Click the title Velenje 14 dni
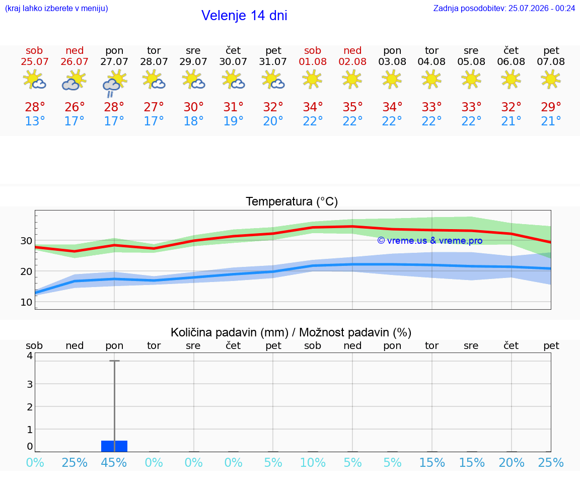pyautogui.click(x=244, y=16)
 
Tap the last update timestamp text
pyautogui.click(x=504, y=8)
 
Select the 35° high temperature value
pyautogui.click(x=352, y=107)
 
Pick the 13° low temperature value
pyautogui.click(x=35, y=121)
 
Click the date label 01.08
pyautogui.click(x=313, y=61)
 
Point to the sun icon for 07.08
pyautogui.click(x=551, y=79)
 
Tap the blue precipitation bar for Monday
pyautogui.click(x=114, y=446)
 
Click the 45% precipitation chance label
pyautogui.click(x=114, y=462)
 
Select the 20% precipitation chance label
pyautogui.click(x=512, y=462)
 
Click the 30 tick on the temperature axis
pyautogui.click(x=26, y=241)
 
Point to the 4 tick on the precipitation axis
pyautogui.click(x=30, y=356)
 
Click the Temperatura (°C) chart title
pyautogui.click(x=292, y=201)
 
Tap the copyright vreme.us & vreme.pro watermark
pyautogui.click(x=430, y=241)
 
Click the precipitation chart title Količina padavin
pyautogui.click(x=291, y=332)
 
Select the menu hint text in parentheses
pyautogui.click(x=56, y=8)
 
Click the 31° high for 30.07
pyautogui.click(x=233, y=107)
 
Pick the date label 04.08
pyautogui.click(x=431, y=61)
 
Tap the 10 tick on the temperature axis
pyautogui.click(x=26, y=302)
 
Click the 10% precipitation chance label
pyautogui.click(x=313, y=462)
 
